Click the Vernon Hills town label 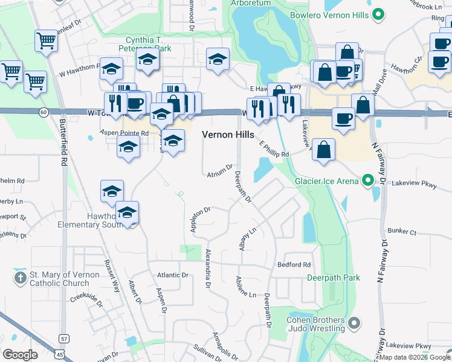click(227, 135)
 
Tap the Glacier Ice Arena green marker click(366, 180)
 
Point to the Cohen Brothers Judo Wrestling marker click(354, 324)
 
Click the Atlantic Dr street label click(173, 275)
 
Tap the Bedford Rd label click(294, 265)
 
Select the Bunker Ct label click(402, 232)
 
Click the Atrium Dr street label click(219, 171)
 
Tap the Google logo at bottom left click(20, 355)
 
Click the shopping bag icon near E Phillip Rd click(324, 149)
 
